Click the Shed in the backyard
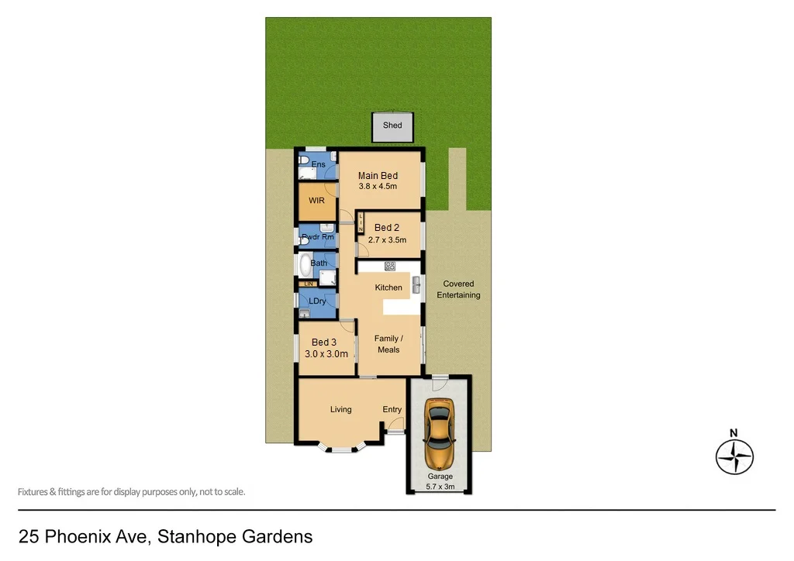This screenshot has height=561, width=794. [392, 126]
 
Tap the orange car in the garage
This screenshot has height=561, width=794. [439, 435]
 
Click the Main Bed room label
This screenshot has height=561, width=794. [378, 176]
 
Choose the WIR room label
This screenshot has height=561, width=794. [316, 200]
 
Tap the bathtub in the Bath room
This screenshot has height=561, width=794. [304, 264]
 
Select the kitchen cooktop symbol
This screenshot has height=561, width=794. [390, 267]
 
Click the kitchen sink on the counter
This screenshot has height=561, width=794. [416, 285]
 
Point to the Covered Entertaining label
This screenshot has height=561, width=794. [458, 289]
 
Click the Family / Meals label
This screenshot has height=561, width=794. [388, 344]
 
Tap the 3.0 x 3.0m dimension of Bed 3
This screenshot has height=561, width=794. [324, 354]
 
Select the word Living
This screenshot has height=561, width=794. [340, 409]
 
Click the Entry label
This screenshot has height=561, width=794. [392, 409]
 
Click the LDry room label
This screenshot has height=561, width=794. [316, 301]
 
